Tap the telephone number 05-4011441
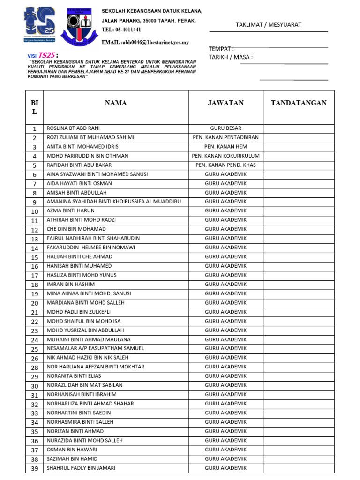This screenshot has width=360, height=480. point(121,30)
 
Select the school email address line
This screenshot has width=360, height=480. point(145,42)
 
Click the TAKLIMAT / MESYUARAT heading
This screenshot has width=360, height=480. point(268,25)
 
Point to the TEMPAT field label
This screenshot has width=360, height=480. point(221,49)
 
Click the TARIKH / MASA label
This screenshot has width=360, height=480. point(231,57)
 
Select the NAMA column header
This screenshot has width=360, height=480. point(115,103)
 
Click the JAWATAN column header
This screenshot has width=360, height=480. point(225,103)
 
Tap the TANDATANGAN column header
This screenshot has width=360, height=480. point(299,103)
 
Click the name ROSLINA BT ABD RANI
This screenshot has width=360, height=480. point(73,128)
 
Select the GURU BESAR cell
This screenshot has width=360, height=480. point(225,128)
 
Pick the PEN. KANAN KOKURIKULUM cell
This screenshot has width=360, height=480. point(225,156)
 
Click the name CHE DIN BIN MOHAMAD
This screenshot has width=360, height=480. point(76,229)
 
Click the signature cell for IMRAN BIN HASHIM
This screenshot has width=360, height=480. point(299,285)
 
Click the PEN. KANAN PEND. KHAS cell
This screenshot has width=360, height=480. point(225,165)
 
